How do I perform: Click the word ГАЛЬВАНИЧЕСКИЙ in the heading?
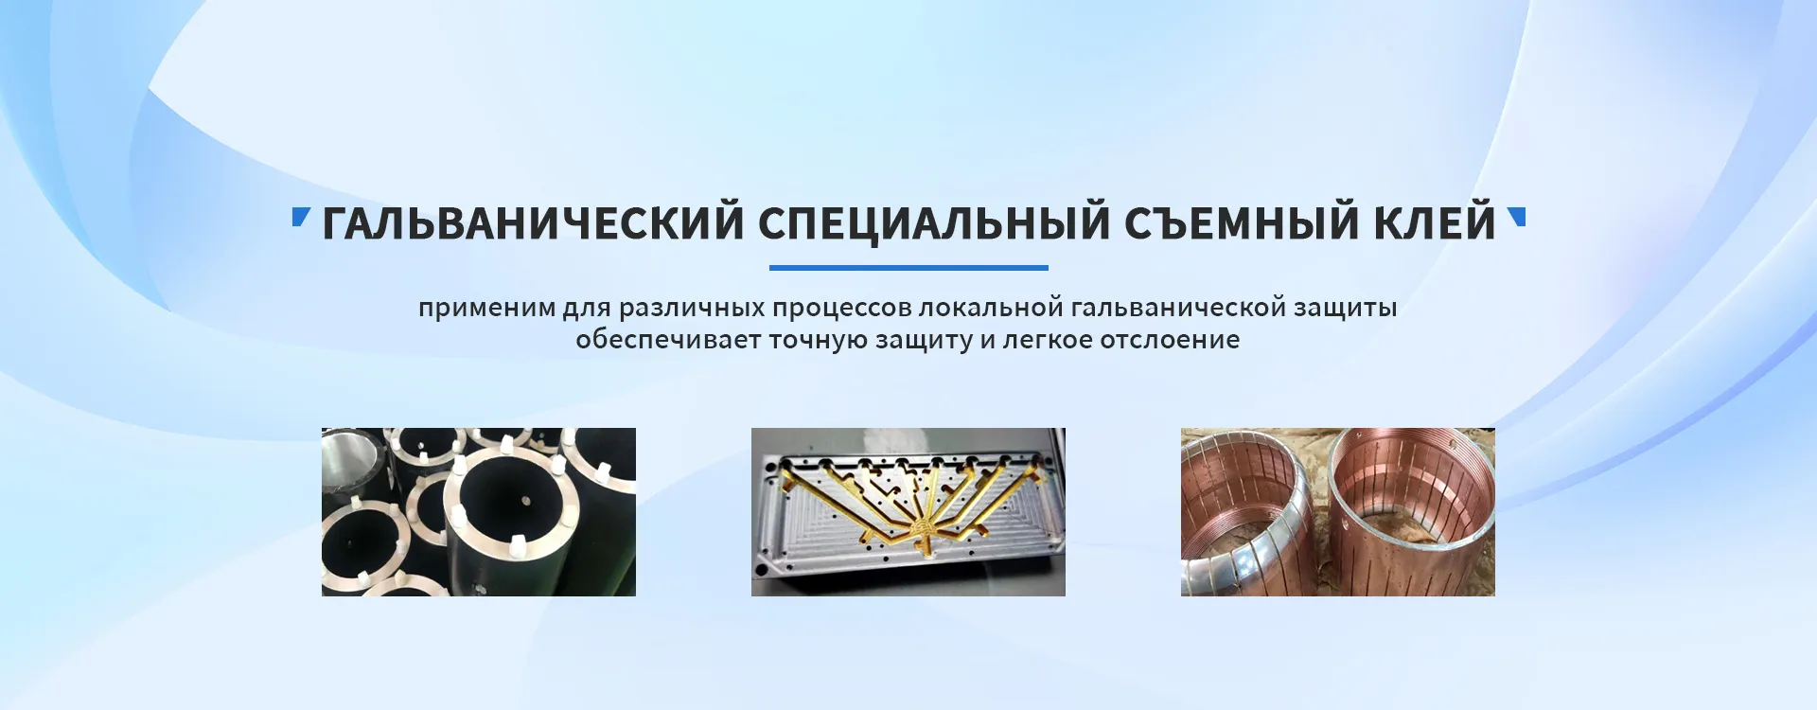click(x=533, y=223)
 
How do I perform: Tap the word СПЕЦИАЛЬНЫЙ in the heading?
click(x=934, y=223)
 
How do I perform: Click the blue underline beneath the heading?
click(x=908, y=268)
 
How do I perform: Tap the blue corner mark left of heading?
click(x=301, y=218)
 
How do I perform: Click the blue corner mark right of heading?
click(x=1516, y=218)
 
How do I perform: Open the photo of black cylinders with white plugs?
click(x=479, y=512)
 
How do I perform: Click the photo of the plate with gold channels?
click(x=908, y=512)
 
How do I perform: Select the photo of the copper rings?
click(x=1338, y=512)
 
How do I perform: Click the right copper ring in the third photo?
click(x=1410, y=511)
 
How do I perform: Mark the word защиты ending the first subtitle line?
click(x=1346, y=310)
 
